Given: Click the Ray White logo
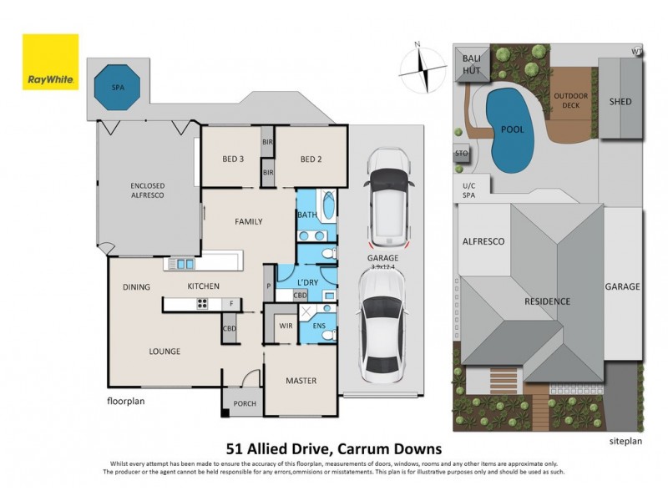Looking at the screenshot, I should click(50, 62).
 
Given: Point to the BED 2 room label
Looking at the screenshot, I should click(311, 159).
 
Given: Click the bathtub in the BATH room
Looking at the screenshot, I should click(326, 205).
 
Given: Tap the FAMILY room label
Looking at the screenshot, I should click(248, 221).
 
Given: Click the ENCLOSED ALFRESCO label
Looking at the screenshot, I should click(146, 190).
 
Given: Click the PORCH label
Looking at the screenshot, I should click(245, 404).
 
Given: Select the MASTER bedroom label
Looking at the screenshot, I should click(301, 381).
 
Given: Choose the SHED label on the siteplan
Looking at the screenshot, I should click(620, 102).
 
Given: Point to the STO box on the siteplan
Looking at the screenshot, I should click(461, 154).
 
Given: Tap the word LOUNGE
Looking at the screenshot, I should click(164, 352).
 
